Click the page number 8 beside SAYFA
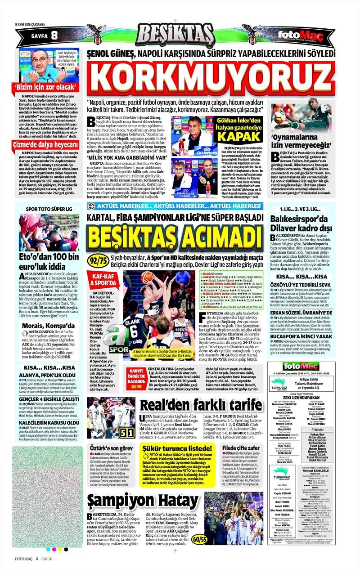54,35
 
